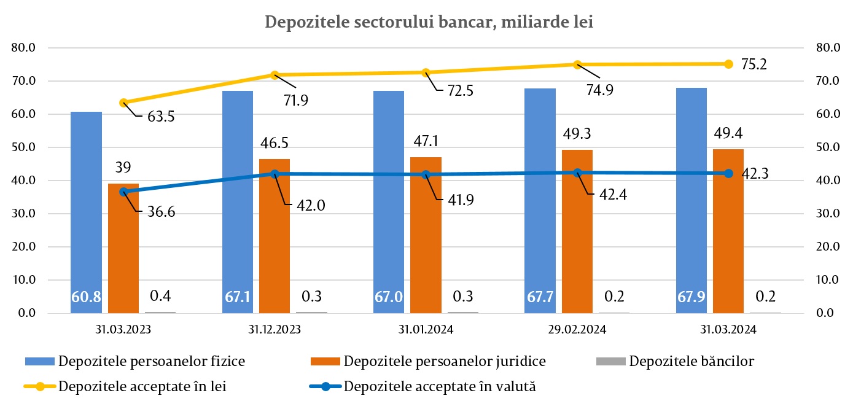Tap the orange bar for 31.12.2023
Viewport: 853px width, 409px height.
(275, 246)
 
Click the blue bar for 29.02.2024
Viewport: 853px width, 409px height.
(540, 203)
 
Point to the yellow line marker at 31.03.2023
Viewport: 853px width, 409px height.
(123, 103)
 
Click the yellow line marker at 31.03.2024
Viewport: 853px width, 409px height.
(728, 64)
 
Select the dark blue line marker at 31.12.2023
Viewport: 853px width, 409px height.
(275, 174)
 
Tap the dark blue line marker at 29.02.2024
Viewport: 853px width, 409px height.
(577, 173)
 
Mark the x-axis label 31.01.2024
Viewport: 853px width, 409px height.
(426, 330)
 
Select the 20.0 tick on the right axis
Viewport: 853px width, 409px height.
(826, 247)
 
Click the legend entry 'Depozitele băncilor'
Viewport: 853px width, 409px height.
(691, 361)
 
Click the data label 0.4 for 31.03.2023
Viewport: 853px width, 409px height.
(160, 297)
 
